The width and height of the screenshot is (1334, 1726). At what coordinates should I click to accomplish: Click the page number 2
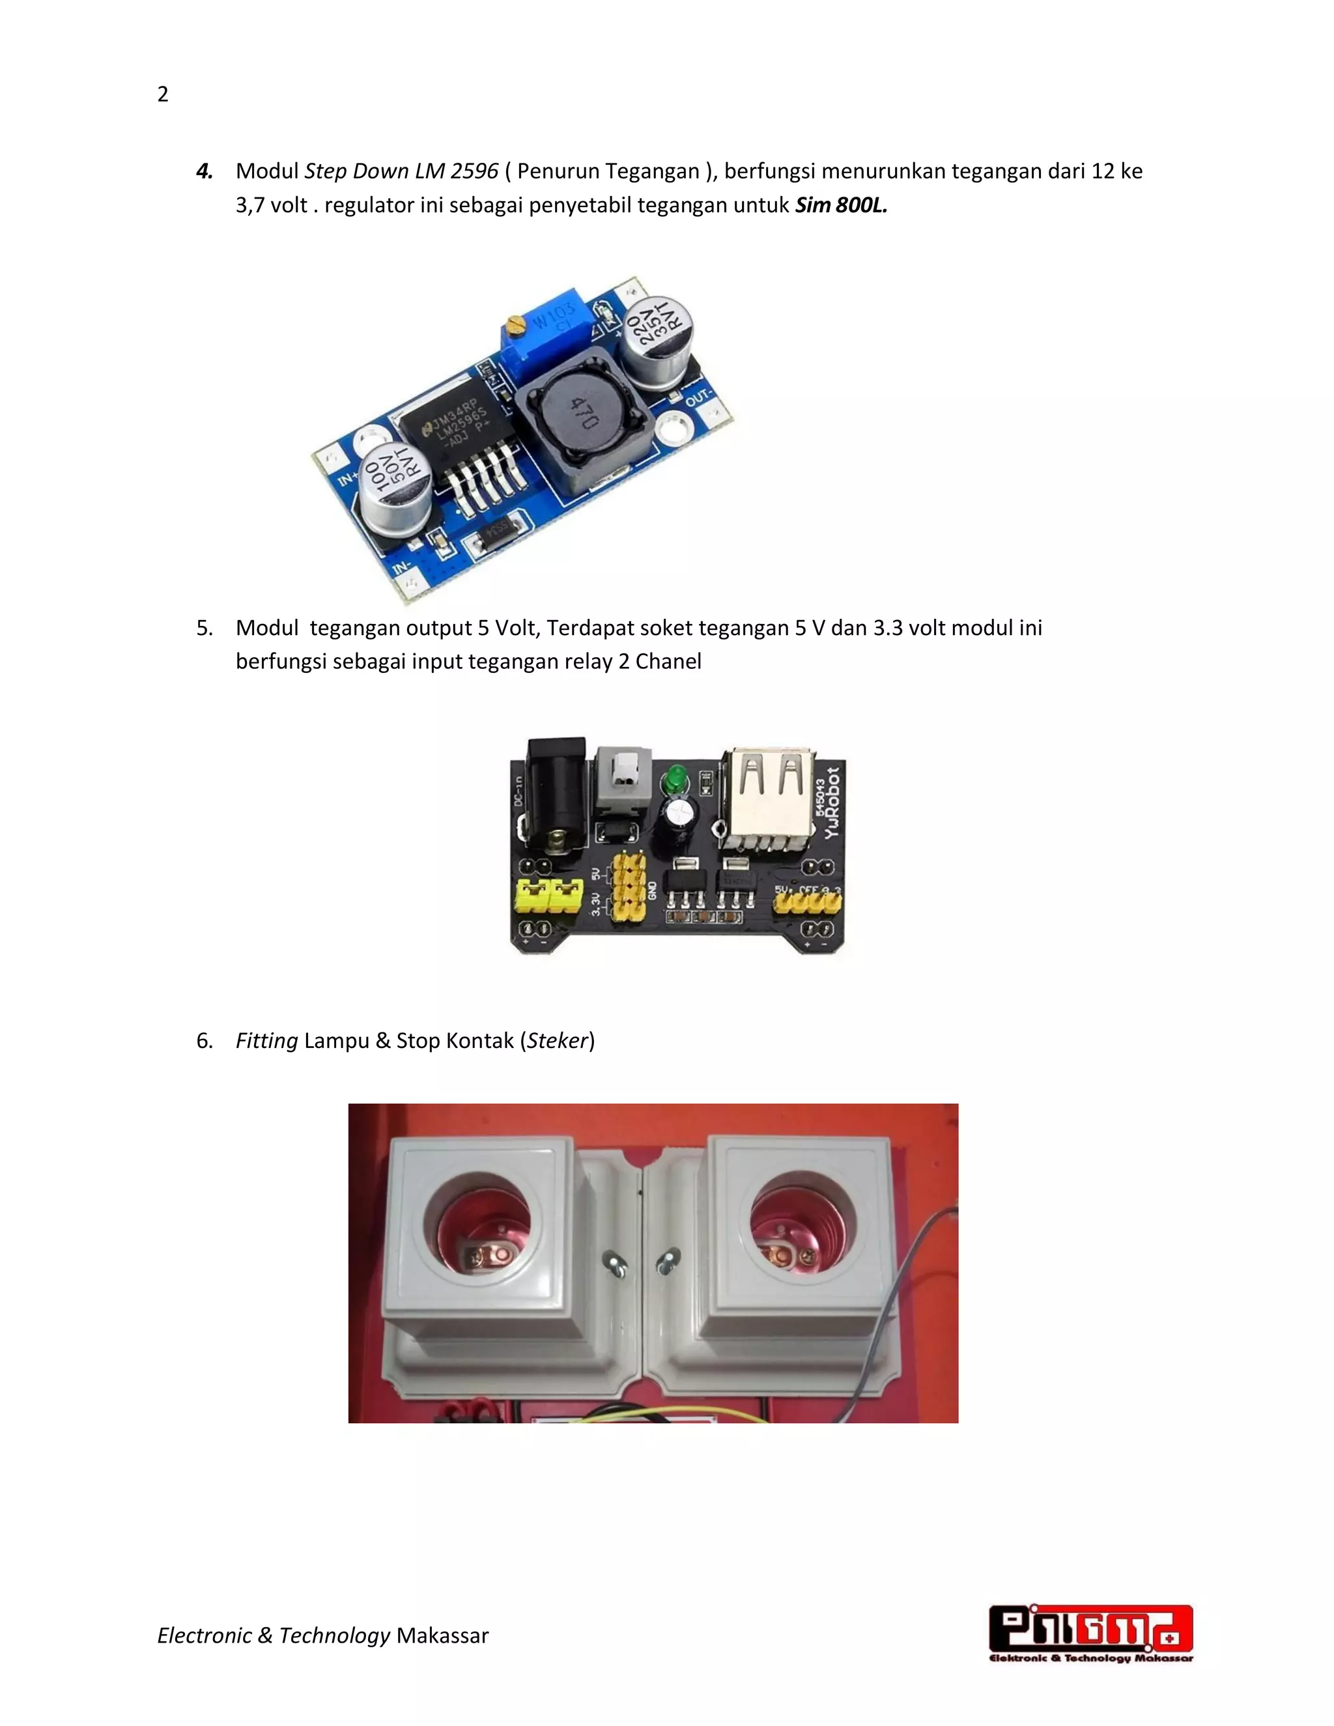(163, 95)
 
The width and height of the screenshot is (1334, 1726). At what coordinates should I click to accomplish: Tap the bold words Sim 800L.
(841, 205)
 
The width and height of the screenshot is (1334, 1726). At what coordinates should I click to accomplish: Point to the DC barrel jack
(556, 794)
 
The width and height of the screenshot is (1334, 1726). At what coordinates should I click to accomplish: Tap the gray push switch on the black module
(623, 778)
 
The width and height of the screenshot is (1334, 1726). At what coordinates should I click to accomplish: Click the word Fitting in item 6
(266, 1041)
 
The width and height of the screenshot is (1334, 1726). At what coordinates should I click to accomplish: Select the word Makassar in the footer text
(442, 1635)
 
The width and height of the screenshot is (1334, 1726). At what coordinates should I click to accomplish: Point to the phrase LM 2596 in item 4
(457, 171)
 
